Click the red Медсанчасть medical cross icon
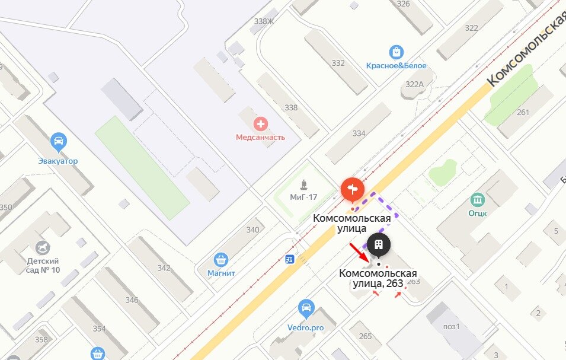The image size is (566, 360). click(x=260, y=124)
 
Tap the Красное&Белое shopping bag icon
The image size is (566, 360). click(x=396, y=53)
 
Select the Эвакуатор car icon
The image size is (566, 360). click(x=58, y=142)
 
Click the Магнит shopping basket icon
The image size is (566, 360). click(x=221, y=260)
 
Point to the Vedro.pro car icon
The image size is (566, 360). click(x=306, y=308)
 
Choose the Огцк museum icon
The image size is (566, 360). click(x=477, y=199)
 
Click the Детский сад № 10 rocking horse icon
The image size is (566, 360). click(x=43, y=247)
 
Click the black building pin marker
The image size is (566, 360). click(x=378, y=244)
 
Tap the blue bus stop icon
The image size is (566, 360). click(x=290, y=259)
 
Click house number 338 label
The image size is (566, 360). click(x=291, y=107)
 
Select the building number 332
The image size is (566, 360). click(x=338, y=63)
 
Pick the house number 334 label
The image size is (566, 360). click(x=359, y=133)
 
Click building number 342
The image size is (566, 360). click(x=164, y=267)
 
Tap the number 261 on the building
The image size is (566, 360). click(x=523, y=113)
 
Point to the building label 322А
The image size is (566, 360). click(x=414, y=84)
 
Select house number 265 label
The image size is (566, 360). click(x=365, y=336)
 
